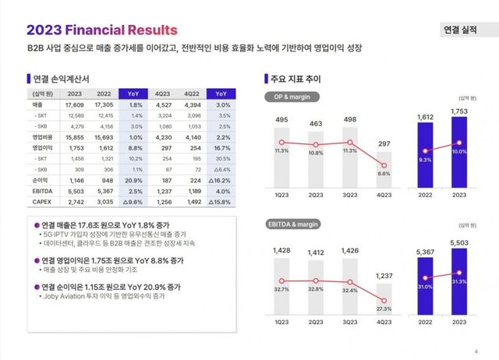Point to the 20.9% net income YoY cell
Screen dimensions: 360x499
[133, 179]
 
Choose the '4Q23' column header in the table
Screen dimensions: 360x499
[164, 93]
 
